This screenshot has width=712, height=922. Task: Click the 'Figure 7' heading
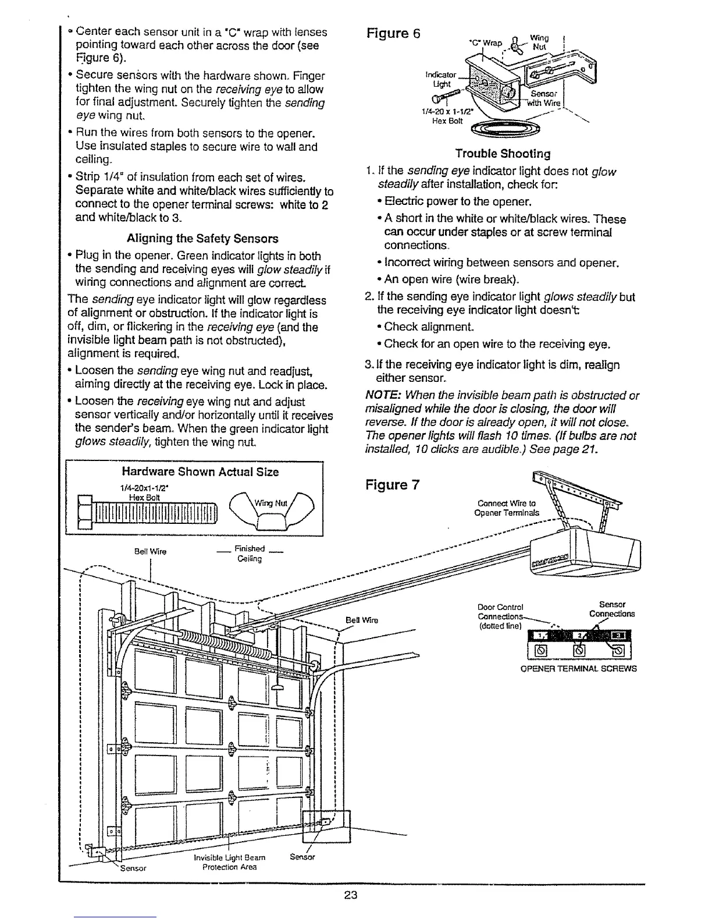tap(392, 485)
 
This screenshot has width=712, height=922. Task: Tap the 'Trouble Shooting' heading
tap(503, 154)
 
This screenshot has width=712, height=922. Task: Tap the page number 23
tap(350, 895)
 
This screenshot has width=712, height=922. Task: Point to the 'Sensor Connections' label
tap(611, 609)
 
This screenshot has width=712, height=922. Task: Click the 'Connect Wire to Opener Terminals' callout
tap(507, 508)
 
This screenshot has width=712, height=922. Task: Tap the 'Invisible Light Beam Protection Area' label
tap(229, 861)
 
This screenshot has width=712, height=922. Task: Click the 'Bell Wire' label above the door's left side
tap(150, 552)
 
